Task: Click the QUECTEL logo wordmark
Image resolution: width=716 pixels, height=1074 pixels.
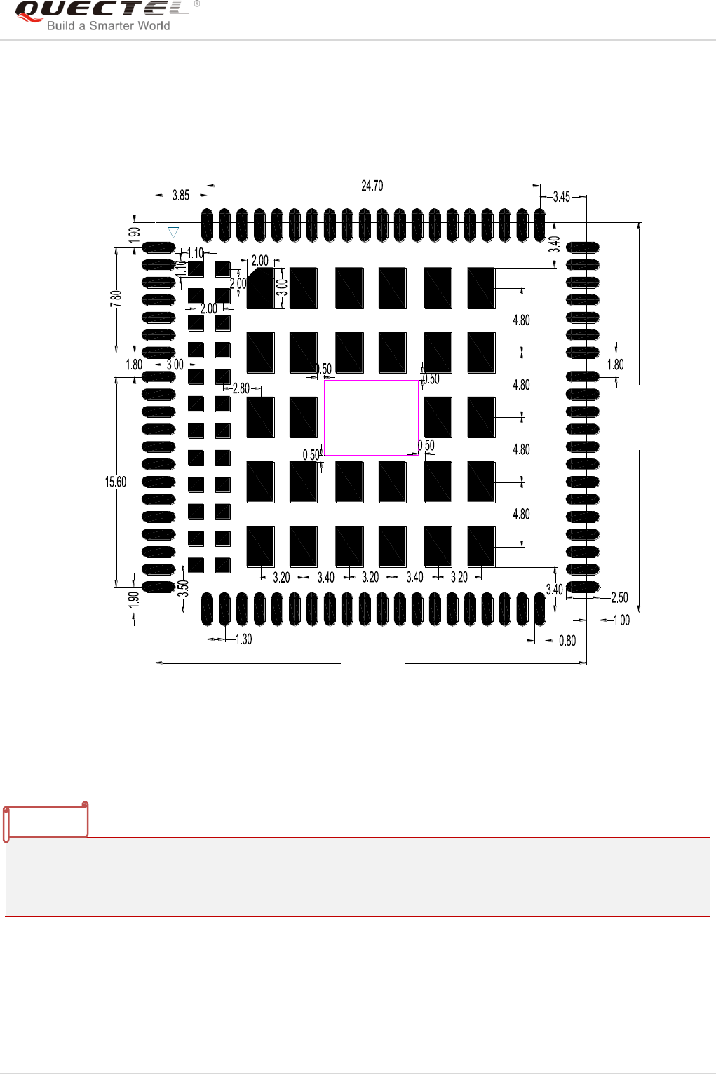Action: click(x=102, y=9)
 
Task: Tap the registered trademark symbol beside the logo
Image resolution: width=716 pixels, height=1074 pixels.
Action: click(x=196, y=4)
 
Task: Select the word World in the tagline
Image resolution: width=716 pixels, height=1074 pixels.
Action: click(x=154, y=26)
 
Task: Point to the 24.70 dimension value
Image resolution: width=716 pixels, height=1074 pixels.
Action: click(x=372, y=186)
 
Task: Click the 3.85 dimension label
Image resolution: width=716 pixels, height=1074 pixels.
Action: click(x=181, y=196)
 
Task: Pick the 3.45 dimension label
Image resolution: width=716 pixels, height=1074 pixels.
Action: click(x=562, y=197)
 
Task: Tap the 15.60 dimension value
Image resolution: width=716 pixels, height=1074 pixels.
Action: click(x=116, y=482)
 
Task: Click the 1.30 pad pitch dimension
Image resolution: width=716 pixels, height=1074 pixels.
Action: click(x=243, y=639)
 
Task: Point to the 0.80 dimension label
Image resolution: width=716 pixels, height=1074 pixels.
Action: click(x=567, y=640)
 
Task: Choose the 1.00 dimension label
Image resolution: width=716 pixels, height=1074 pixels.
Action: click(x=621, y=620)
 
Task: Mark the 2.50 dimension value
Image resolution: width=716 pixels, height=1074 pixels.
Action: click(x=619, y=598)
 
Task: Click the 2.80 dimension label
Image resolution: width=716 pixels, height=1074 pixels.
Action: click(x=241, y=388)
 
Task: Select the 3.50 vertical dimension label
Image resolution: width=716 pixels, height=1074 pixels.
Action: click(x=183, y=588)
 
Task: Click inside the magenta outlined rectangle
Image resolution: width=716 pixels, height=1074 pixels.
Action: click(x=371, y=418)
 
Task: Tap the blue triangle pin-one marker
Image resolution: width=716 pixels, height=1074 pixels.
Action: click(x=173, y=232)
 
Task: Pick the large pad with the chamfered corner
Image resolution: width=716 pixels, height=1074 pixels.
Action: click(x=261, y=288)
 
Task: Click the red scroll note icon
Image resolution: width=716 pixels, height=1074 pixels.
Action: click(x=46, y=821)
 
